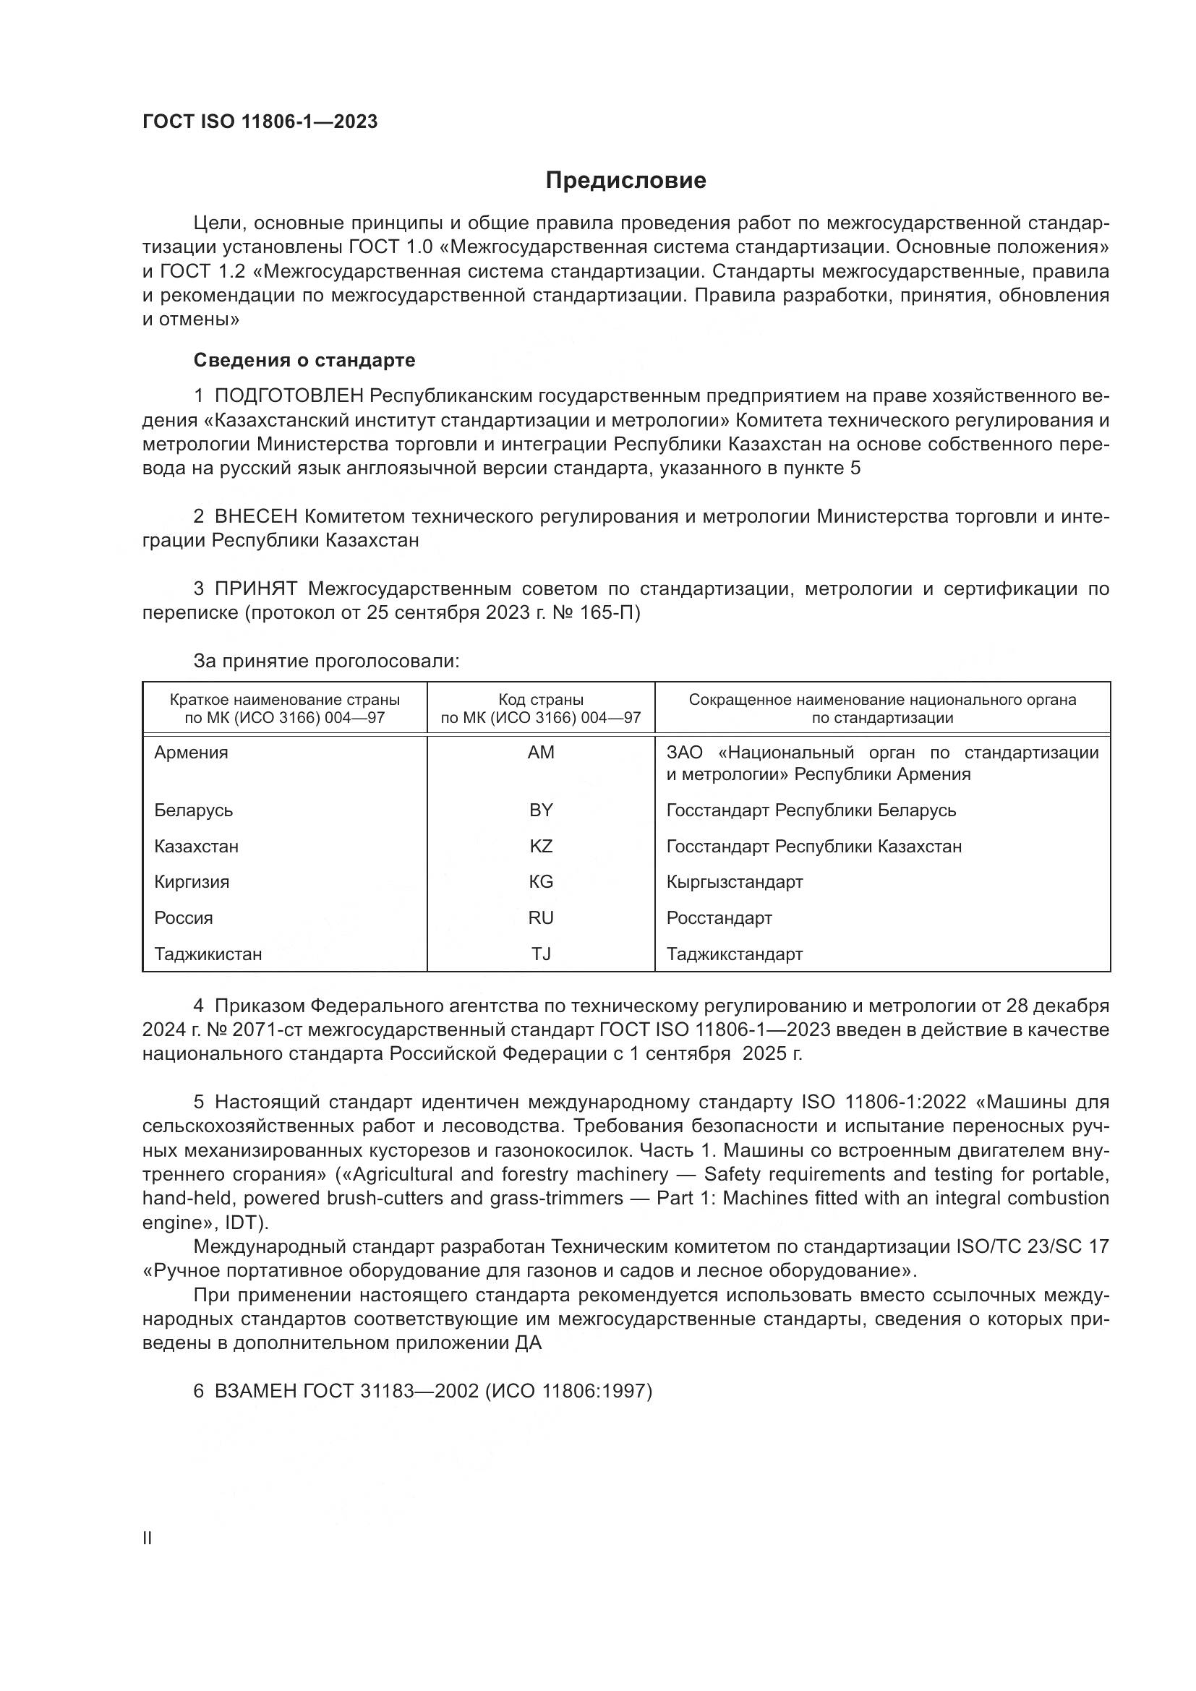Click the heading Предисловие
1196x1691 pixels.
click(x=625, y=181)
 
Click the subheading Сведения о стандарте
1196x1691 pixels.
click(x=304, y=360)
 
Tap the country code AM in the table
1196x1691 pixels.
click(x=541, y=753)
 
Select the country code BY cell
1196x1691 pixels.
click(x=541, y=810)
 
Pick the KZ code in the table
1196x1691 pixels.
click(x=541, y=847)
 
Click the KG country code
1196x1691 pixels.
click(x=541, y=882)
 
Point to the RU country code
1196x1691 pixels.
click(x=541, y=918)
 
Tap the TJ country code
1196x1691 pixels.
click(x=541, y=954)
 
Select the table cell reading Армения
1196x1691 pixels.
click(x=192, y=753)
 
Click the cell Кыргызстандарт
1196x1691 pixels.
click(x=734, y=882)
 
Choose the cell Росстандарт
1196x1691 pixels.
click(x=719, y=918)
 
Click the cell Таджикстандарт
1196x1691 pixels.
click(x=734, y=954)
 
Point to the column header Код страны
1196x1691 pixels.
click(x=541, y=700)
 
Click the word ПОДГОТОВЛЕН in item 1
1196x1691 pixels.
click(x=289, y=396)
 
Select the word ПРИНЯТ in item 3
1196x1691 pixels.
click(x=255, y=589)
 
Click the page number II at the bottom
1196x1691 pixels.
click(x=147, y=1538)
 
